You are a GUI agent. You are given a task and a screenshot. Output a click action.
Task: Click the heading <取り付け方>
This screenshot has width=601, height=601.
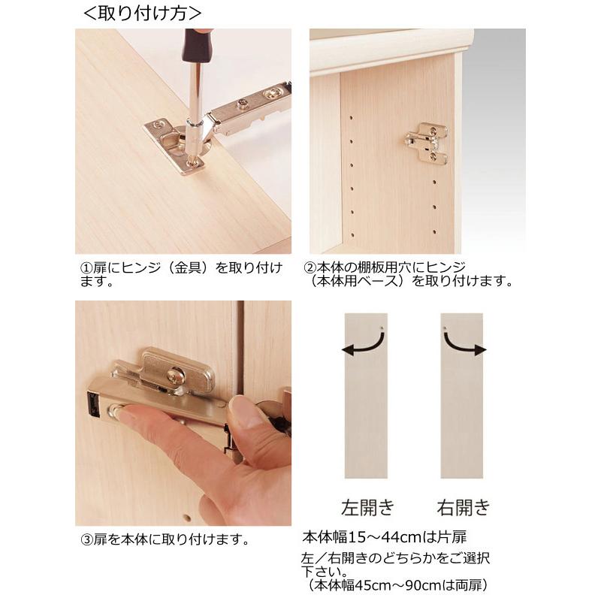tap(142, 13)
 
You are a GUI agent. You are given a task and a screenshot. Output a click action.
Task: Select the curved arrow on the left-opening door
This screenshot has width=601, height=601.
tap(363, 344)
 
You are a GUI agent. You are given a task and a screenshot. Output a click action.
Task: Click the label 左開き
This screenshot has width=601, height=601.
tap(366, 507)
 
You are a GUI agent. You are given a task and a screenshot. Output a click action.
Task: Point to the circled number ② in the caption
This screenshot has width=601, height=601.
tap(309, 268)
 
